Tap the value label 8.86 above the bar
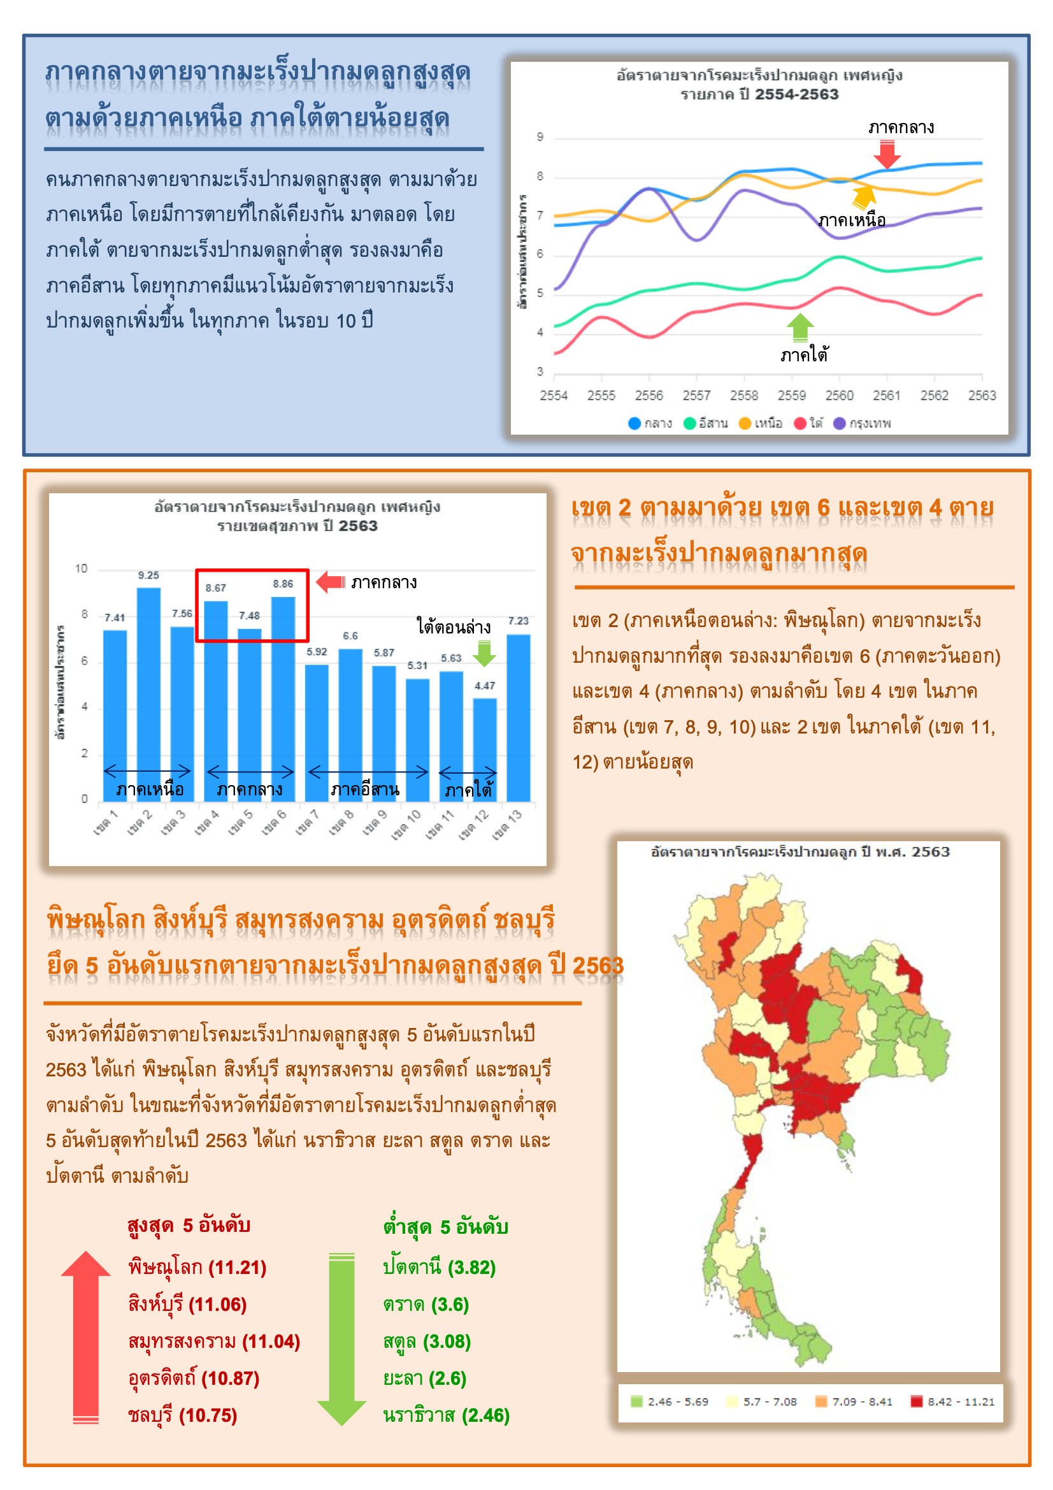(283, 584)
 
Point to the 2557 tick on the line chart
(696, 395)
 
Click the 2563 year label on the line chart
(982, 395)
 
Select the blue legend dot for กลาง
(634, 423)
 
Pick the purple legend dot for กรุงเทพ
(840, 423)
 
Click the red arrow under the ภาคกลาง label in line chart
(887, 154)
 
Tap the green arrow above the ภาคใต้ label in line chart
(800, 326)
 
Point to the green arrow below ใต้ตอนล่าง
(484, 653)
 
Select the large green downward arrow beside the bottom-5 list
(342, 1338)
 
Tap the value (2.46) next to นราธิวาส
(485, 1415)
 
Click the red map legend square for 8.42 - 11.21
(917, 1402)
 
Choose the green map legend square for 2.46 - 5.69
(636, 1402)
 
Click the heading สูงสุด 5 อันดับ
(189, 1226)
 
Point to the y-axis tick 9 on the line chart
(540, 137)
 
